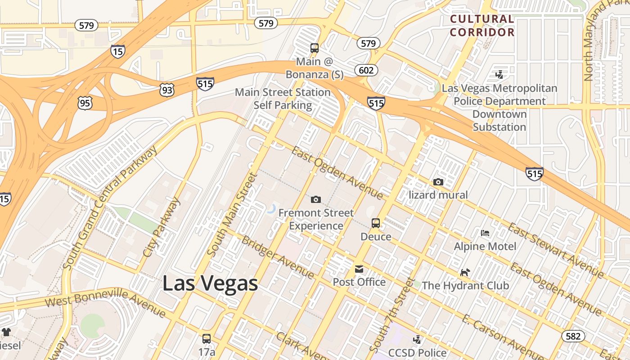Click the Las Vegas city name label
tap(210, 283)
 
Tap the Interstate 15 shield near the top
tap(117, 51)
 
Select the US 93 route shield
tap(166, 90)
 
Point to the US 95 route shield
tap(85, 103)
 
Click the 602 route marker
tap(366, 70)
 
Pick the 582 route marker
tap(573, 336)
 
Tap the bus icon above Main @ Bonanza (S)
tap(315, 48)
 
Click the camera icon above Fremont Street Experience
tap(316, 199)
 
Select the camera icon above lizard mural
tap(438, 182)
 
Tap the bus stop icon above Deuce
tap(376, 223)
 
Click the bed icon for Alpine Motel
tap(485, 233)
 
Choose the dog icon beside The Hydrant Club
tap(465, 272)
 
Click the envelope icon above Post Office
tap(359, 269)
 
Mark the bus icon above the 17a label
tap(207, 338)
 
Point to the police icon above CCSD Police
tap(418, 340)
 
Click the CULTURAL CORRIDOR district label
tap(482, 26)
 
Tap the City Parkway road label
tap(161, 227)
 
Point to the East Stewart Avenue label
tap(556, 250)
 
